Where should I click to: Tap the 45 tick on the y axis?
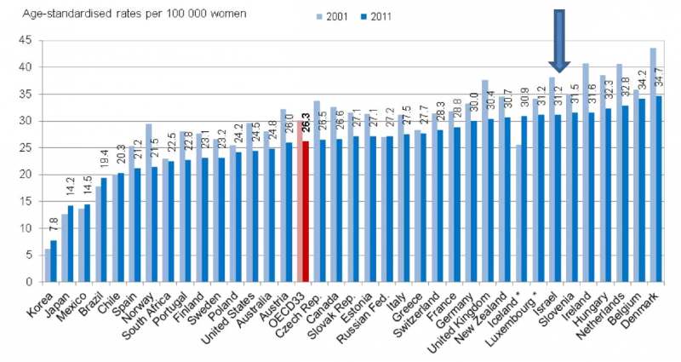click(x=25, y=40)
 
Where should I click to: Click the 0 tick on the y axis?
click(x=28, y=282)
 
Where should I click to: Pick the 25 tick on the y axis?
click(x=25, y=147)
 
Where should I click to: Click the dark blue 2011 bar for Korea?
click(x=54, y=261)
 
